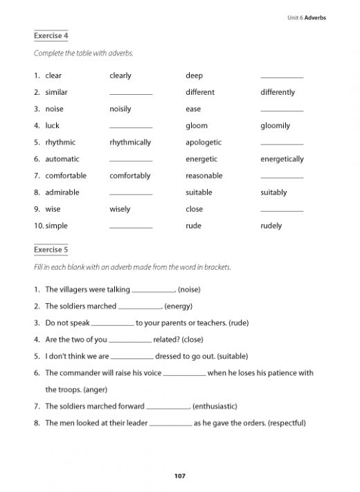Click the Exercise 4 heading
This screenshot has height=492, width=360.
[52, 35]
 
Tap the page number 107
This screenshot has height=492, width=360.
[180, 475]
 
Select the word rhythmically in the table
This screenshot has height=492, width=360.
[130, 143]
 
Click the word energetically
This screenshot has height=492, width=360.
[282, 159]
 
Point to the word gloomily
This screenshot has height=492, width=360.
[275, 126]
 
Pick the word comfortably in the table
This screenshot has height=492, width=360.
[129, 176]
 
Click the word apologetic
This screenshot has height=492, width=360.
[204, 143]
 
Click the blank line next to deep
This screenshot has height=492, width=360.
[282, 78]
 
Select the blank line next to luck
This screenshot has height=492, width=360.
[131, 127]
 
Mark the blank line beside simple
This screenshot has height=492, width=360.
[131, 228]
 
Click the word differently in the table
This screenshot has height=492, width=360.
[278, 92]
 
